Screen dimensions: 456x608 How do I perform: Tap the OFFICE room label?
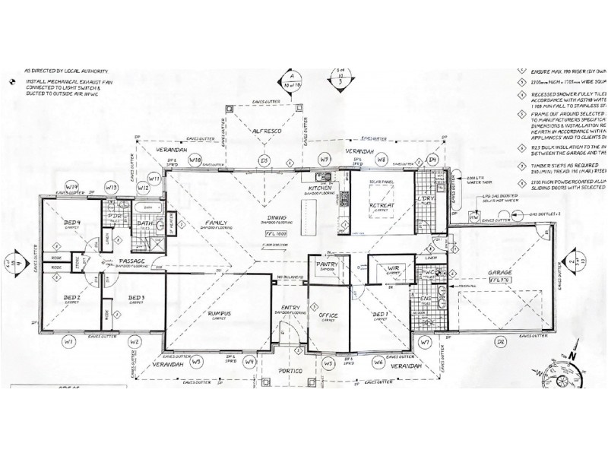pos(328,315)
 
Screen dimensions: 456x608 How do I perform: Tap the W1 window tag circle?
pos(68,343)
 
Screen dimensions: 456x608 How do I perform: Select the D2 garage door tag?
pos(501,343)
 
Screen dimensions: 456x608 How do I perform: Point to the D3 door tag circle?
pos(264,160)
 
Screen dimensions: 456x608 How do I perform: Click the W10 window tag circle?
pos(195,160)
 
